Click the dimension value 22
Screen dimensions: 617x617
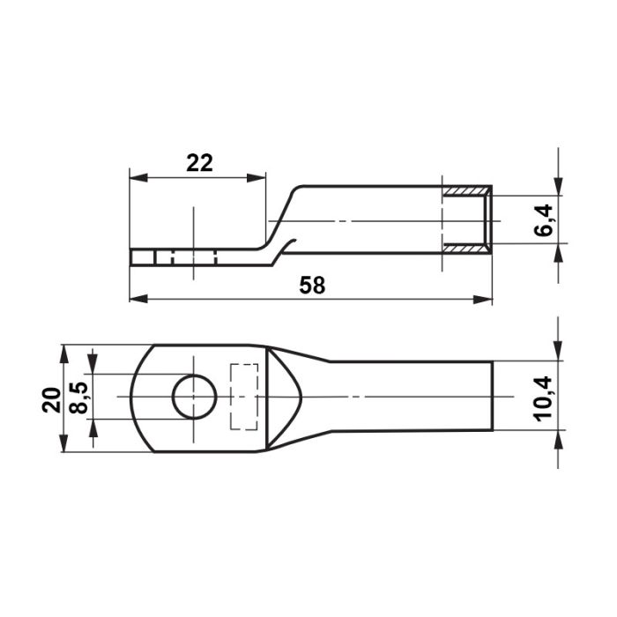[199, 163]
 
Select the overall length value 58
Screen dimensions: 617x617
[312, 286]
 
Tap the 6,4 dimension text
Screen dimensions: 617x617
[544, 220]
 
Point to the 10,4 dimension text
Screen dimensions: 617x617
[544, 398]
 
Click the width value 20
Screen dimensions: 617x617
[51, 400]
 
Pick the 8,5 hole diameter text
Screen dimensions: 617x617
[78, 398]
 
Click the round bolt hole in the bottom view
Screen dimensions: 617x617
[195, 397]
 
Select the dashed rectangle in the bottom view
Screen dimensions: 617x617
[244, 397]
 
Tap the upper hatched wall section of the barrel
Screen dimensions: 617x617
[467, 191]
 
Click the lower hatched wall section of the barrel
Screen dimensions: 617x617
[467, 248]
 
